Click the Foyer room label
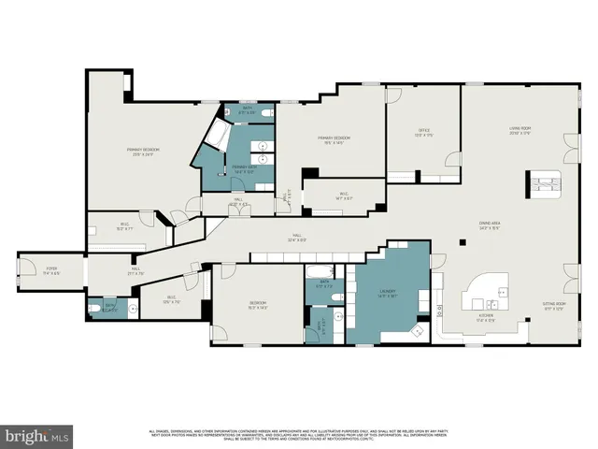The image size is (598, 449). pos(52,270)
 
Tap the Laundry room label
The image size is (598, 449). pos(387,293)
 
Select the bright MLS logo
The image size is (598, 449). pos(36,436)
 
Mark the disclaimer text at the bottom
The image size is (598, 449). pos(299,435)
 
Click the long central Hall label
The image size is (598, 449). pos(297,238)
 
